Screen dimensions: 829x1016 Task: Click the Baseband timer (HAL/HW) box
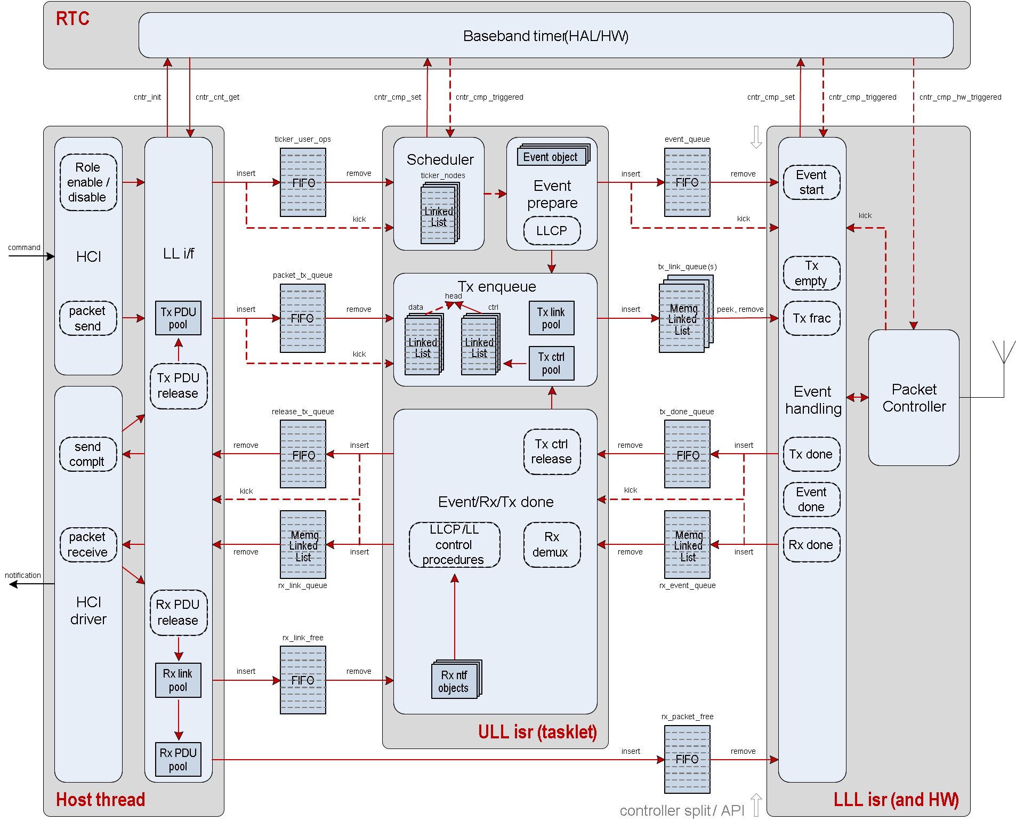(545, 36)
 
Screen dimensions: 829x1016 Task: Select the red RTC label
(72, 19)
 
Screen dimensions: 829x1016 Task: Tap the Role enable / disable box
(88, 182)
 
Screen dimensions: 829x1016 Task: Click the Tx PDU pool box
(178, 318)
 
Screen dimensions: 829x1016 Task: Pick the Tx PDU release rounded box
(178, 386)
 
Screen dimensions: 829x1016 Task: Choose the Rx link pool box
(178, 680)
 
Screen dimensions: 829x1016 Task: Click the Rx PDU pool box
(178, 759)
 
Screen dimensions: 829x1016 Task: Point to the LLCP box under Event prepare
(552, 231)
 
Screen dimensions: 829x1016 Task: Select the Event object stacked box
(552, 157)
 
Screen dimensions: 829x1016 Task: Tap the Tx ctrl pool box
(551, 363)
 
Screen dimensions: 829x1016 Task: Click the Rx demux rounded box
(552, 544)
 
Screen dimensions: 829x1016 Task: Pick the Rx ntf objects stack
(455, 681)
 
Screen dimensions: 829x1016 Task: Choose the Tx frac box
(811, 318)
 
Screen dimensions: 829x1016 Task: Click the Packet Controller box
(914, 398)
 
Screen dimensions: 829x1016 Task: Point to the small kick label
(865, 215)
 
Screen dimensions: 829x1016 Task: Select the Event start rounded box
(811, 182)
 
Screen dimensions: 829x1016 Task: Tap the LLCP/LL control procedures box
(454, 544)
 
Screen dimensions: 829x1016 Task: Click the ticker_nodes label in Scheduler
(442, 175)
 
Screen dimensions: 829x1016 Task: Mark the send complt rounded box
(88, 454)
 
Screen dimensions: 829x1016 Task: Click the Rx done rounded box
(811, 545)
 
